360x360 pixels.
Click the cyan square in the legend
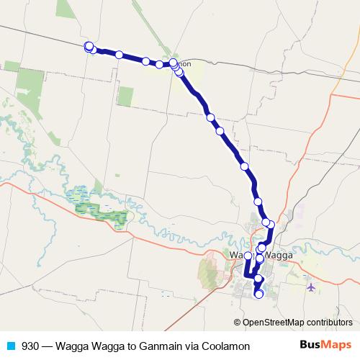12,346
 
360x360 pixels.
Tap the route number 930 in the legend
31,346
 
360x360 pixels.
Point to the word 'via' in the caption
194,346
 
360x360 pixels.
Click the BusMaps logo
320,345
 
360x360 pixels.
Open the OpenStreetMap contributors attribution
297,322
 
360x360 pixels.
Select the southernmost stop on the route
258,294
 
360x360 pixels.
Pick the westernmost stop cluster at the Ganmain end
89,47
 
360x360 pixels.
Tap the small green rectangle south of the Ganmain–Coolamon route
126,96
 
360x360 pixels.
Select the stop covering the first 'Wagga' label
248,256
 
